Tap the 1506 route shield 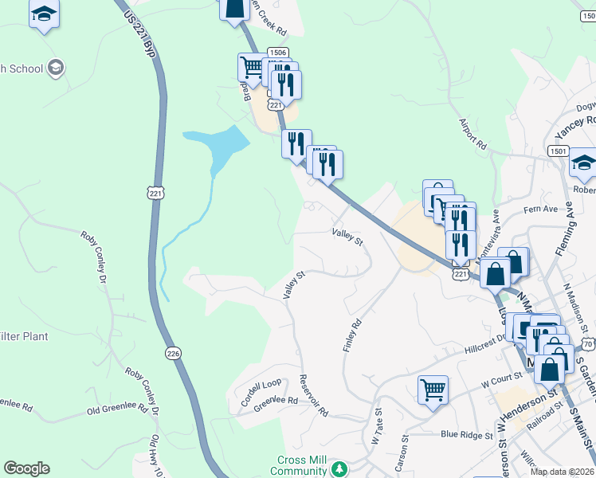click(277, 53)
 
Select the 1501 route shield click(558, 151)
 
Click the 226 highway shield click(173, 352)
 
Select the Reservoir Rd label click(313, 395)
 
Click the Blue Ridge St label click(467, 434)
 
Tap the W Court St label click(500, 382)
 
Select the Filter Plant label click(24, 336)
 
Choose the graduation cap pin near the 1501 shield click(583, 163)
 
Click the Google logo click(26, 468)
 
